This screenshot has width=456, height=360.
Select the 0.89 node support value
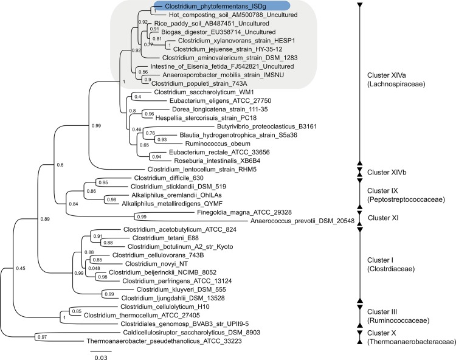tap(46, 218)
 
